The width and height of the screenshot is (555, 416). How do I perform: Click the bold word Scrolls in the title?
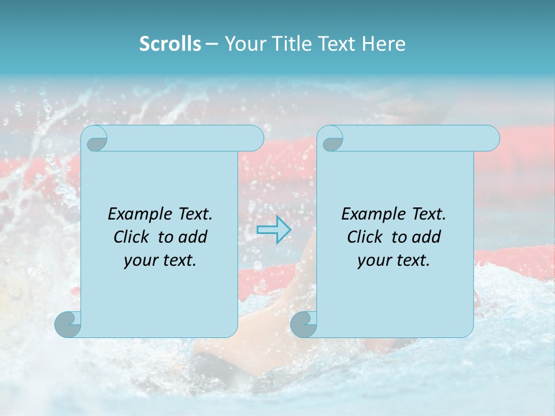[170, 44]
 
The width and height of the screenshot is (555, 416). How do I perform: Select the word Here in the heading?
[383, 44]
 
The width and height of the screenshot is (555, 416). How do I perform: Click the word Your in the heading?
[242, 44]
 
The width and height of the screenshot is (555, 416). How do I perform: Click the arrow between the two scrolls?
[273, 229]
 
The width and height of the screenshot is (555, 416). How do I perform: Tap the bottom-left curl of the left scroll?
[68, 324]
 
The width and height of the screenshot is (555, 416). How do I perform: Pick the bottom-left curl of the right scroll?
[304, 324]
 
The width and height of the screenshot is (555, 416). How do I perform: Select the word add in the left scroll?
[194, 237]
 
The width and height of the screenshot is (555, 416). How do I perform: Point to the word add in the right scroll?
[427, 237]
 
